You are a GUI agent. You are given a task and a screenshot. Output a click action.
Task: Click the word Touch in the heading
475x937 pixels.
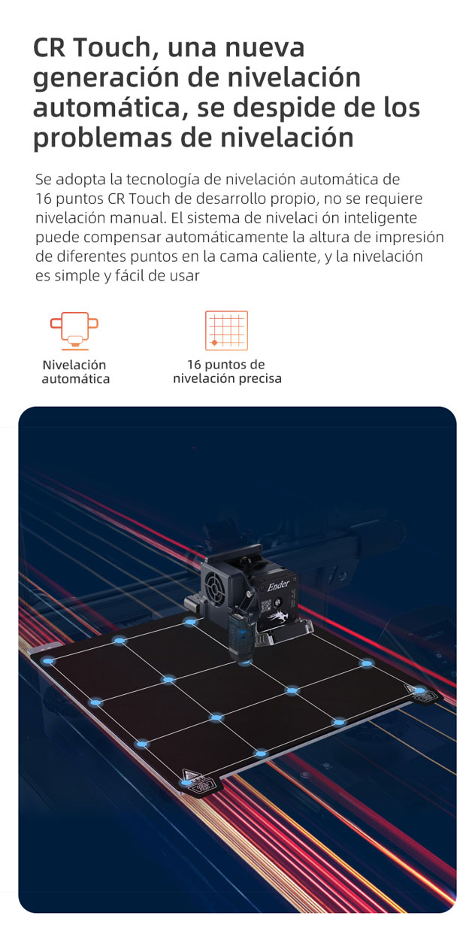pyautogui.click(x=113, y=47)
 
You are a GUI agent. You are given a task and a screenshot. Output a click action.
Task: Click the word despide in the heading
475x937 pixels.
pyautogui.click(x=295, y=108)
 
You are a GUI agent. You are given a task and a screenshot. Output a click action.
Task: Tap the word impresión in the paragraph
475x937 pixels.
pyautogui.click(x=407, y=237)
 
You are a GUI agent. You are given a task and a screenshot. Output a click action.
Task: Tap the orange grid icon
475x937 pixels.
pyautogui.click(x=226, y=331)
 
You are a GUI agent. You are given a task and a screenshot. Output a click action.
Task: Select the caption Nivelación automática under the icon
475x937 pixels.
pyautogui.click(x=75, y=372)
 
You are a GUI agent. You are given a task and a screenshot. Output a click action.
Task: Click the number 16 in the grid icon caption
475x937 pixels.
pyautogui.click(x=194, y=365)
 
